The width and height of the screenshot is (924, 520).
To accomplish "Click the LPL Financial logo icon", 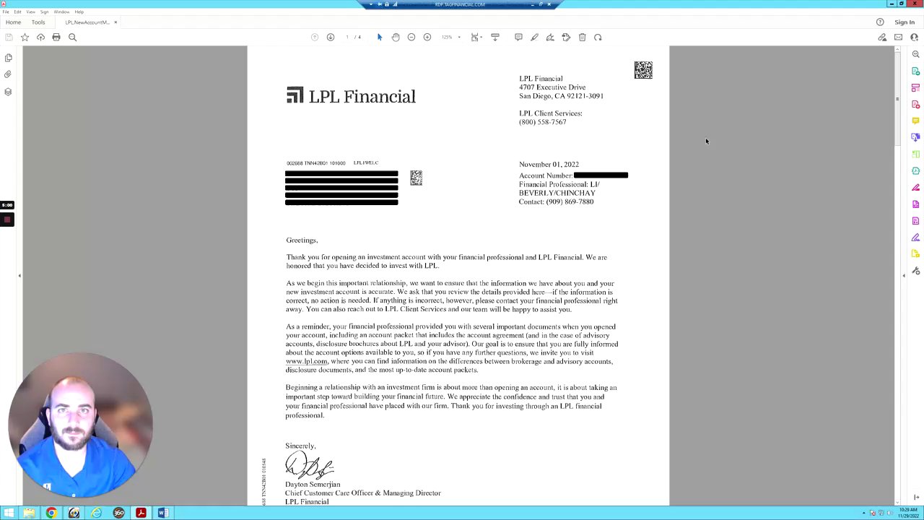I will point(295,95).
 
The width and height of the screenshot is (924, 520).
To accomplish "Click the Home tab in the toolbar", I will point(13,22).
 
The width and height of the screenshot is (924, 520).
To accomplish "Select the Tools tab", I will point(38,22).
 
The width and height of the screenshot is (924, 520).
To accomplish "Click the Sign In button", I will point(904,22).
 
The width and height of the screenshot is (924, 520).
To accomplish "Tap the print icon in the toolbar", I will point(56,38).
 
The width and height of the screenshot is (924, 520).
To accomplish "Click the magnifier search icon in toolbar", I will point(72,38).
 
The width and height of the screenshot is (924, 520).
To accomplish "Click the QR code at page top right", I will point(643,70).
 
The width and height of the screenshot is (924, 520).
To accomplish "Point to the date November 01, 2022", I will point(549,165).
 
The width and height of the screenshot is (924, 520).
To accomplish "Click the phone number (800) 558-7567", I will point(542,122).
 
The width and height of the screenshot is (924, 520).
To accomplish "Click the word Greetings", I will point(301,240).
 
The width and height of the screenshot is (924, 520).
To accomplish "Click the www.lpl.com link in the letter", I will point(306,361).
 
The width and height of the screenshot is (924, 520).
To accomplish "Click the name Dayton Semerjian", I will point(313,485).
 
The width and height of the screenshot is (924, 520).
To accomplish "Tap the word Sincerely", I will point(300,446).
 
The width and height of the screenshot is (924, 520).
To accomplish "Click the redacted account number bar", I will point(601,175).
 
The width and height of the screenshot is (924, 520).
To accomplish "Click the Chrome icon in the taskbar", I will point(51,513).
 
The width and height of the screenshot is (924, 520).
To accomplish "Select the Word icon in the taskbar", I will point(163,513).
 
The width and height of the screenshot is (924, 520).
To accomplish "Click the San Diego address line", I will point(561,96).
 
